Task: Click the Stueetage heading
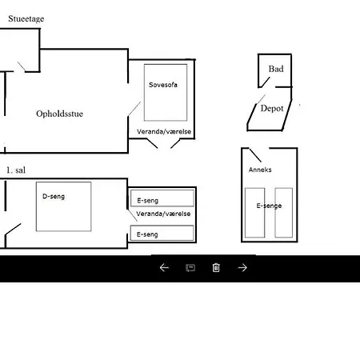[x=26, y=19]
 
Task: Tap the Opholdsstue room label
[x=59, y=114]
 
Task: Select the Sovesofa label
[x=163, y=85]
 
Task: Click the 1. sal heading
[x=16, y=170]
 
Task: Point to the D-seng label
[x=54, y=197]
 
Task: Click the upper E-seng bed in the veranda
[x=162, y=198]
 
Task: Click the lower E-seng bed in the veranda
[x=162, y=233]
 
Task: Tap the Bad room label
[x=276, y=69]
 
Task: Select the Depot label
[x=272, y=108]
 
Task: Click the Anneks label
[x=260, y=170]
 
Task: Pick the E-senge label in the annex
[x=269, y=206]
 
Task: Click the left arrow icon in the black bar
[x=164, y=267]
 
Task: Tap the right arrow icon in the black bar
[x=242, y=267]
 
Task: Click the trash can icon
[x=216, y=267]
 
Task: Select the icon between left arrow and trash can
[x=190, y=268]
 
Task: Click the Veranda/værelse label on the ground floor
[x=164, y=131]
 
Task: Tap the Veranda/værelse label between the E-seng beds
[x=163, y=214]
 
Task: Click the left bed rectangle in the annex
[x=255, y=213]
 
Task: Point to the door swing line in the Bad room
[x=265, y=82]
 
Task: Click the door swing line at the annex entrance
[x=255, y=155]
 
